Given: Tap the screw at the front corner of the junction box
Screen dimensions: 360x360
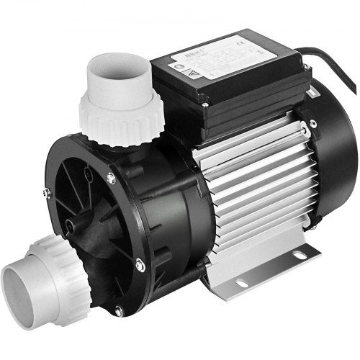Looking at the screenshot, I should coord(204,105).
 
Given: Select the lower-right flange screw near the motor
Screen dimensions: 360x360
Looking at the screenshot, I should coord(140,267).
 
